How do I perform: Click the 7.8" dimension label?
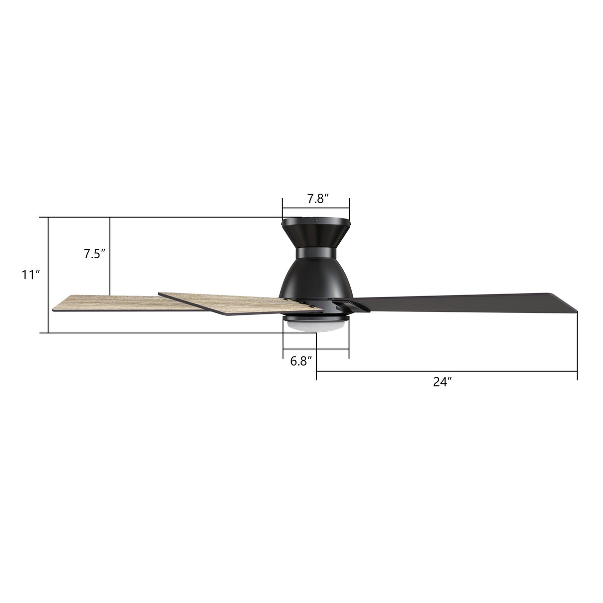point(315,199)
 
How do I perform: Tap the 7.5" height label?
point(94,254)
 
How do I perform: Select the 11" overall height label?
point(30,275)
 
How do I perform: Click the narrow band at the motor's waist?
point(315,253)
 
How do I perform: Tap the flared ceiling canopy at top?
point(315,231)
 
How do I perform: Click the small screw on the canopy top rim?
point(314,219)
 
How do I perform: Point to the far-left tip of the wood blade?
point(54,310)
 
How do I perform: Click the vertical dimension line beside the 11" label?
point(48,275)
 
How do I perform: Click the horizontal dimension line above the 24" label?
point(447,371)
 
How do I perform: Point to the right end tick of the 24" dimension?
point(577,371)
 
